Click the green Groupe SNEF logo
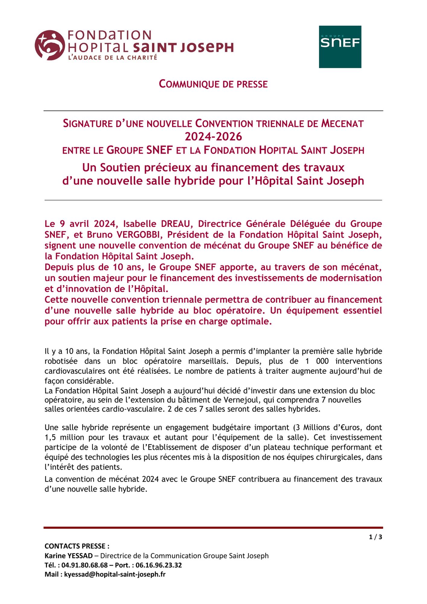point(340,47)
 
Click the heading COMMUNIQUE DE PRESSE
point(213,84)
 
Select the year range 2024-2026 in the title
point(213,137)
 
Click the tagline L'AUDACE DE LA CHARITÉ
point(113,57)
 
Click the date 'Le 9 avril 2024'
point(80,224)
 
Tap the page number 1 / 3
point(375,537)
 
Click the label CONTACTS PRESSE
point(77,546)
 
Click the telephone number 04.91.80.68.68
point(84,565)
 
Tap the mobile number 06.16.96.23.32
point(158,565)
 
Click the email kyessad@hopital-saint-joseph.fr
point(115,574)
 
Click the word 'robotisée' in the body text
point(61,361)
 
